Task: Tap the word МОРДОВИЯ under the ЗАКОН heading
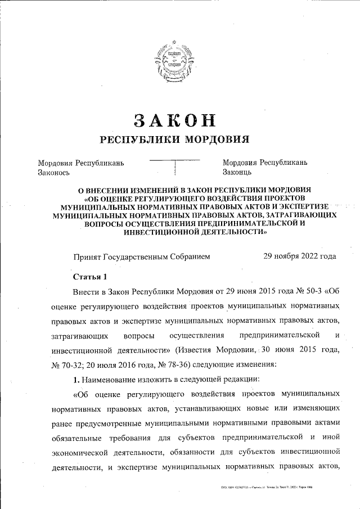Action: click(215, 139)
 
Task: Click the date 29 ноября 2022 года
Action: click(300, 256)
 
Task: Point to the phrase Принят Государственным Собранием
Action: click(141, 256)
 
